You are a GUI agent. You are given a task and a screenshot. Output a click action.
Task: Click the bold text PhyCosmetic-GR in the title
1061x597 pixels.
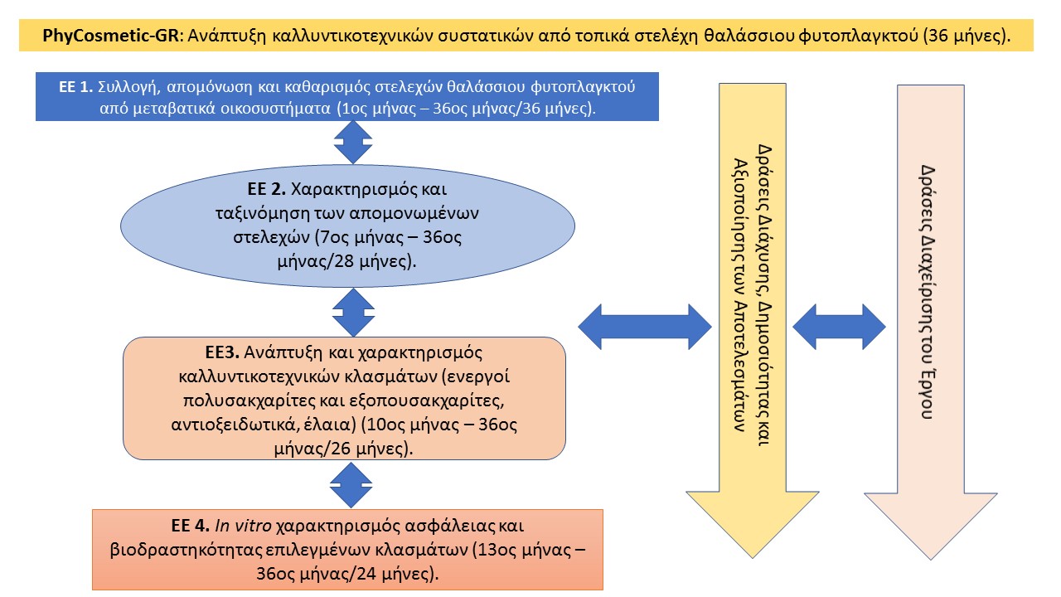click(110, 36)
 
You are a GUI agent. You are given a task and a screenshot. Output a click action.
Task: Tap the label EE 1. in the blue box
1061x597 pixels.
click(75, 87)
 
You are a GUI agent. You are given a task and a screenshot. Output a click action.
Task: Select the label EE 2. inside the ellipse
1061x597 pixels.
click(267, 189)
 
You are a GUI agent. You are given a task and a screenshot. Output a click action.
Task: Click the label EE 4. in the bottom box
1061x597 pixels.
click(191, 526)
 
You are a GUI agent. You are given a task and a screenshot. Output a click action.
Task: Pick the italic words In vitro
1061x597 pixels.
click(244, 526)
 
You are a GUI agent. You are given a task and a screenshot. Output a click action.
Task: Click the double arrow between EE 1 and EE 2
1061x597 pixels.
click(353, 142)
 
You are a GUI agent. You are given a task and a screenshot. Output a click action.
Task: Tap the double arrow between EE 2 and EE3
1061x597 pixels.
click(353, 313)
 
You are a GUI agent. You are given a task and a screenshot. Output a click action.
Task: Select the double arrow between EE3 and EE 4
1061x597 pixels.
click(351, 485)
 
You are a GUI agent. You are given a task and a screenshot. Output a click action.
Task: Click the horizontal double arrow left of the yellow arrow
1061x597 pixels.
click(645, 327)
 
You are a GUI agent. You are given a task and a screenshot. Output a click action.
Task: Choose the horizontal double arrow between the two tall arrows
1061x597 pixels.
click(839, 327)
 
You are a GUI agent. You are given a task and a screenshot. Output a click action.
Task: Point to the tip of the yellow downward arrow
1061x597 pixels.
click(753, 558)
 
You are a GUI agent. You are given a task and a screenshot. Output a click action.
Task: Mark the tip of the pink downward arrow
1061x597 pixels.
click(931, 560)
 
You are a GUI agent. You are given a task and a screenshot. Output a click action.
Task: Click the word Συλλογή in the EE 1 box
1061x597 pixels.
click(128, 87)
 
